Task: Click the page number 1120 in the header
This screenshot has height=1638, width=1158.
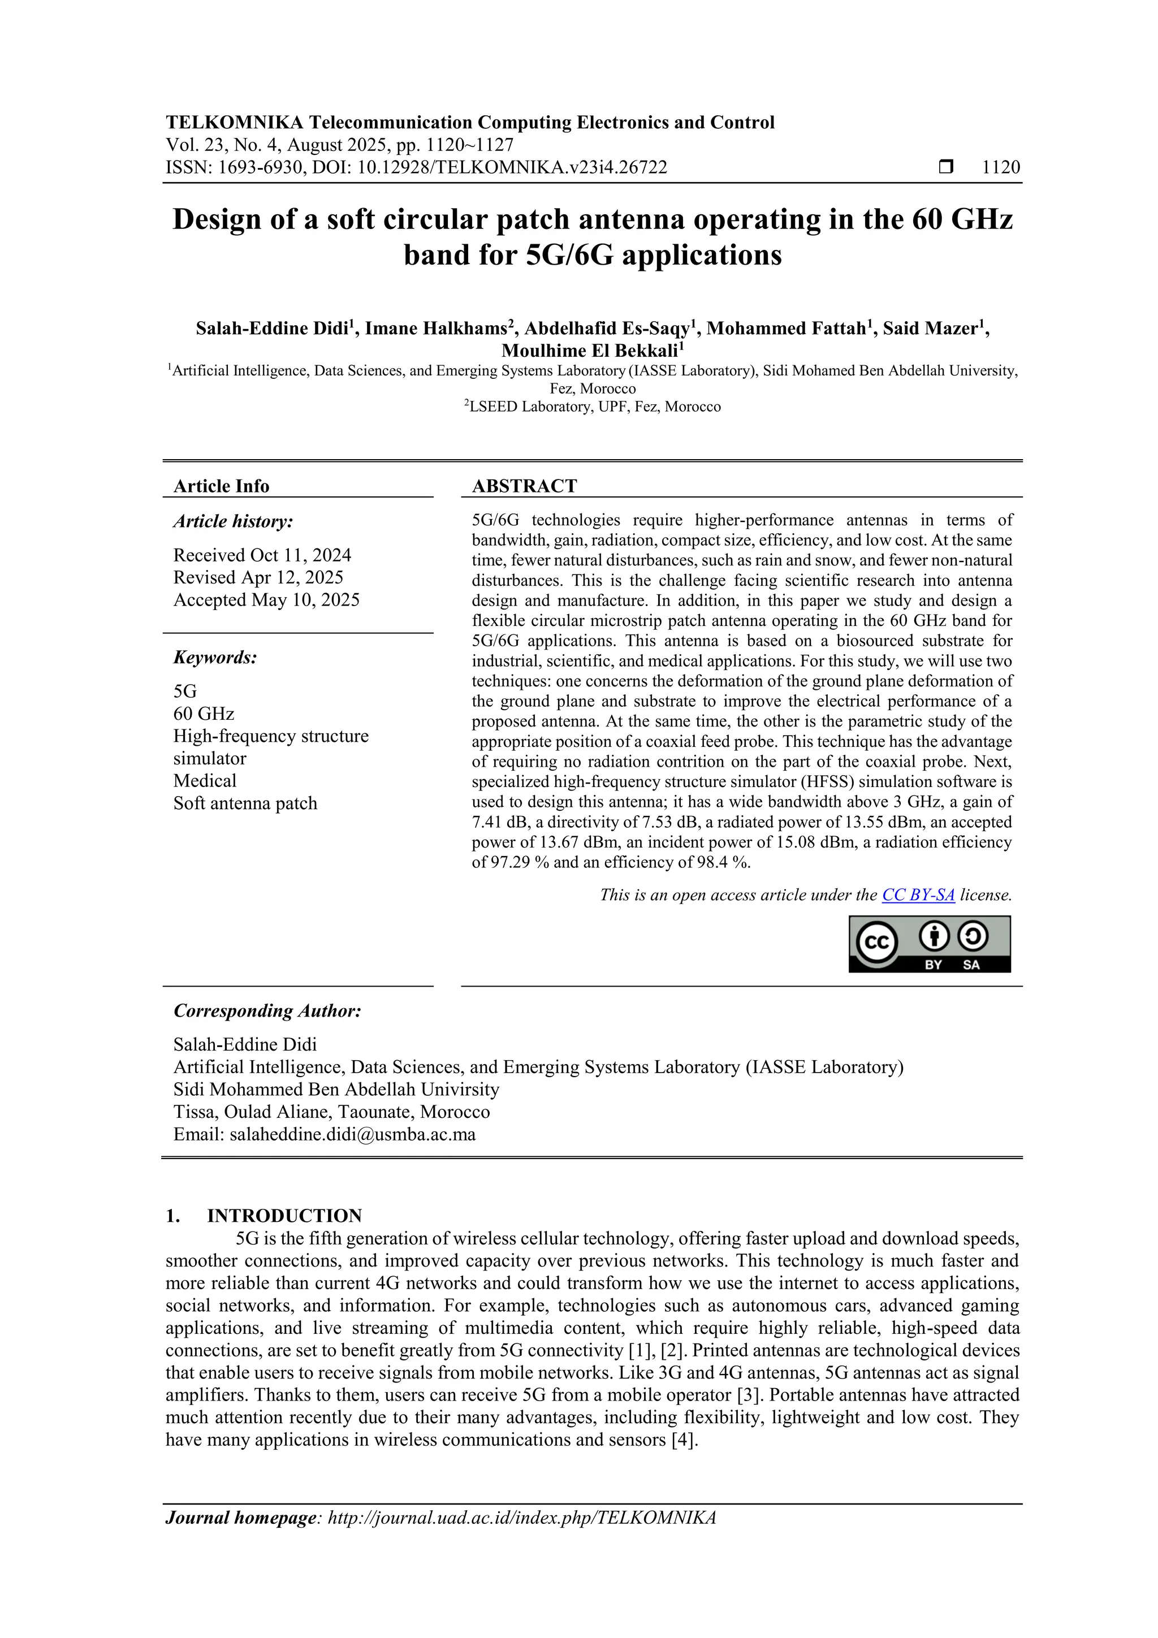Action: (x=1000, y=168)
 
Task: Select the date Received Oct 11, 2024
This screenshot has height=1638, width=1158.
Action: (x=262, y=555)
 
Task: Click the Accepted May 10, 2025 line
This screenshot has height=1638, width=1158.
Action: (x=266, y=599)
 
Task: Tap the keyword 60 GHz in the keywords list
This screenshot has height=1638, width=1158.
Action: (x=204, y=714)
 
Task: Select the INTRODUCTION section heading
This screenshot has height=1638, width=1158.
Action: (x=284, y=1216)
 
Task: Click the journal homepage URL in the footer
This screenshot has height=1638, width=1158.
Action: (x=521, y=1518)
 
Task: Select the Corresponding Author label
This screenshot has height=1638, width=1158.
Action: (x=267, y=1011)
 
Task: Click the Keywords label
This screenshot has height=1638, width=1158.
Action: (x=215, y=657)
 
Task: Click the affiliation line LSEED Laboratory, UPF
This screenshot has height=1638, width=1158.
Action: (x=594, y=407)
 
